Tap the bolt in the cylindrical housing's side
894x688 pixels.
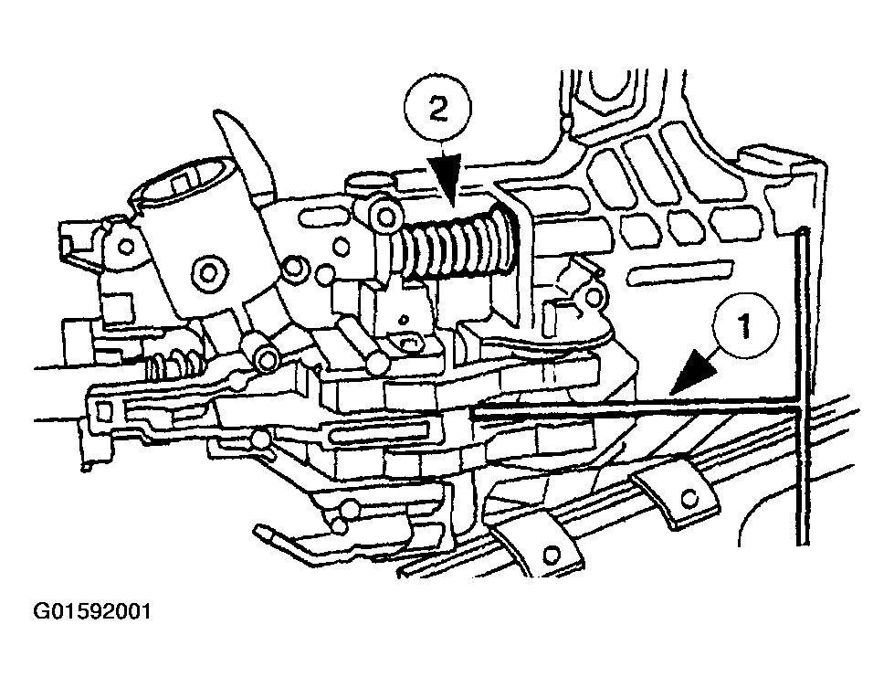[211, 270]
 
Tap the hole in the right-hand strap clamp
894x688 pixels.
[691, 497]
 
